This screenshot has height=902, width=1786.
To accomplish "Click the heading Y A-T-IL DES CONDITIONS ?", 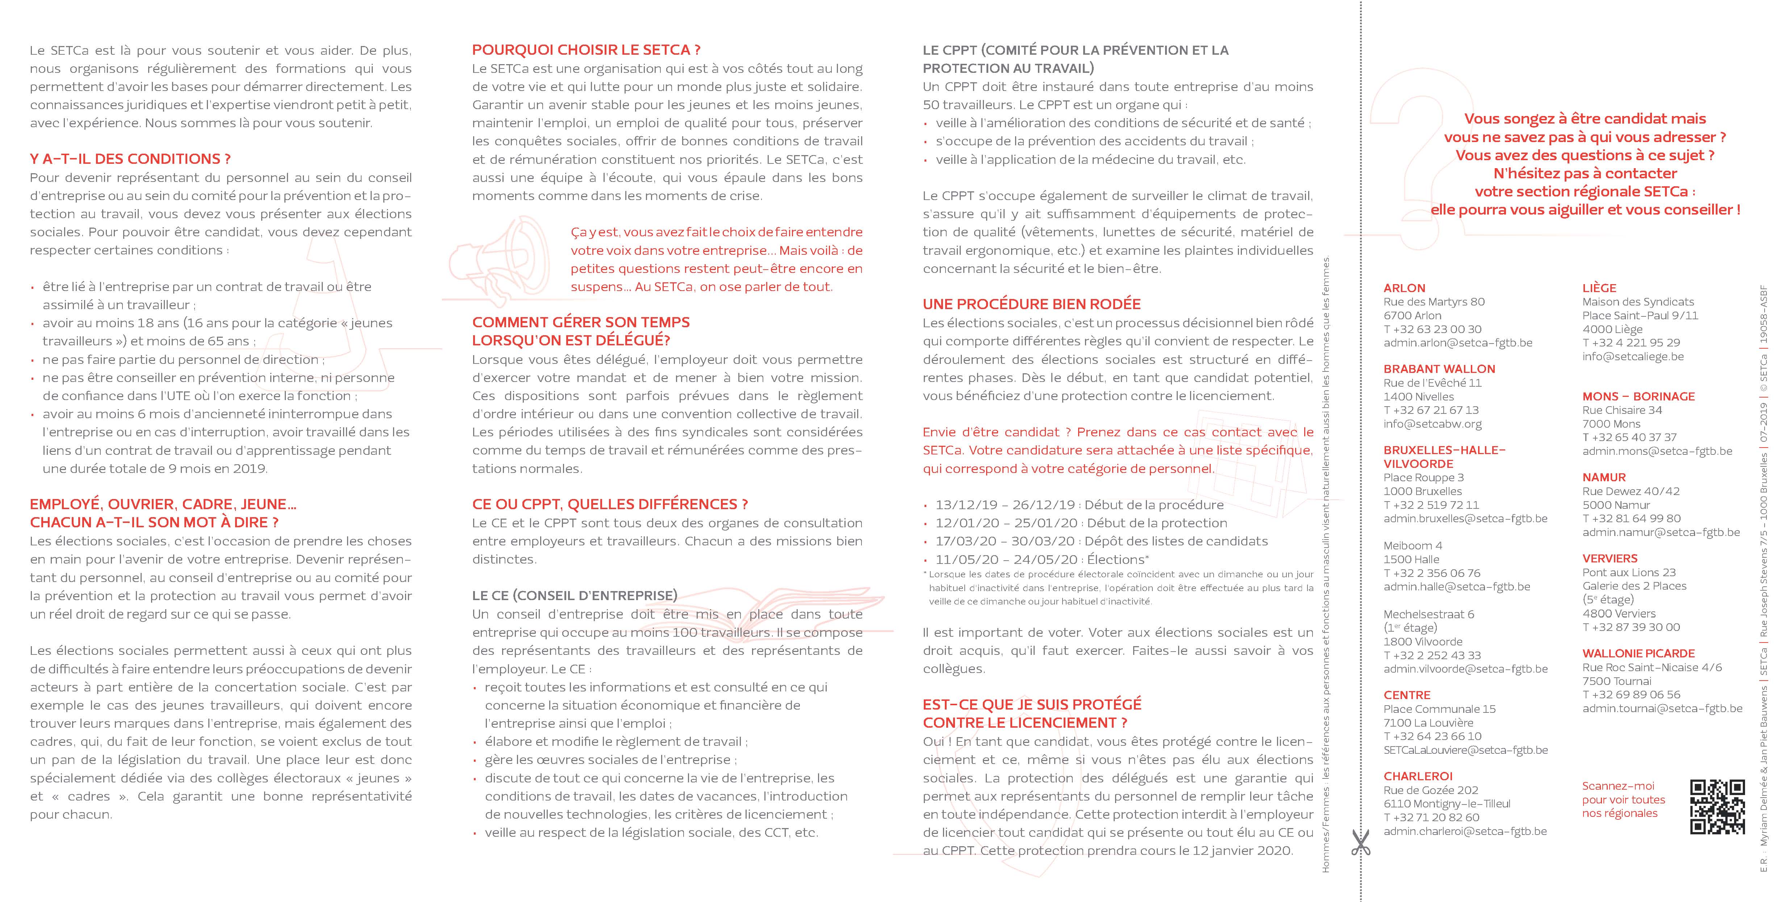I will [130, 159].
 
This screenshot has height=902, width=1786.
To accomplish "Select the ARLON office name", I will [1404, 288].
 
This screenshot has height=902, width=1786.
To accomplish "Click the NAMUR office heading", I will [1604, 477].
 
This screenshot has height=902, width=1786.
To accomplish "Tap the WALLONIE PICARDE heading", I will [1637, 653].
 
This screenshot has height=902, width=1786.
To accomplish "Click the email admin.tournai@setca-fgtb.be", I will [1662, 708].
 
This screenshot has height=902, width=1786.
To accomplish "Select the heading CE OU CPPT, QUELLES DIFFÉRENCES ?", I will [609, 504].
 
